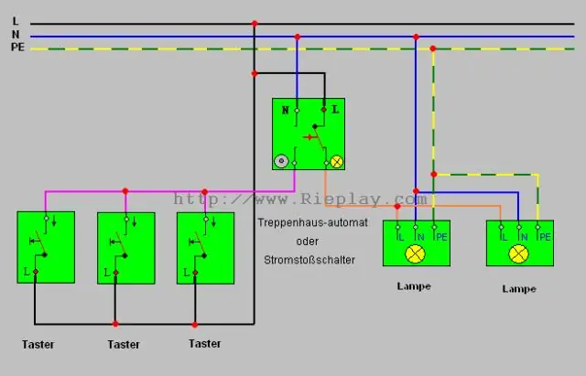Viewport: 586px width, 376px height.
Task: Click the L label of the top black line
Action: (16, 21)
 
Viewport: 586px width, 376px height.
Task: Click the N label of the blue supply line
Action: (16, 35)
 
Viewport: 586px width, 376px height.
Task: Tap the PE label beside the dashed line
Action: (17, 47)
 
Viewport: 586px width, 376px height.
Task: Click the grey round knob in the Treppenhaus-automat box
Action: (281, 161)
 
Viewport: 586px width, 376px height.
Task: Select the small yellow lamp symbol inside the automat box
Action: (337, 162)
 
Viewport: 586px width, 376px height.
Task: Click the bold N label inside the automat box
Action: (285, 110)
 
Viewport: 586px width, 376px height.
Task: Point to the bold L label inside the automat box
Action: (335, 110)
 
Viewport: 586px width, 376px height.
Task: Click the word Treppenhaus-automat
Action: (312, 222)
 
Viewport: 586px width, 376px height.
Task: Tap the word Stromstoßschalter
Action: (309, 260)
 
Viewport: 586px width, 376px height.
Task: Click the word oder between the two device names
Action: (308, 242)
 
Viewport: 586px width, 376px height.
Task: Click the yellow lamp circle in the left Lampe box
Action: (415, 254)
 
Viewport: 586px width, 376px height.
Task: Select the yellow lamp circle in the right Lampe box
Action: (519, 254)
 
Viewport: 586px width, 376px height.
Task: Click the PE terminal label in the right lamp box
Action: (545, 237)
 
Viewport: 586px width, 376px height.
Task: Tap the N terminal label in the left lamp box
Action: (421, 237)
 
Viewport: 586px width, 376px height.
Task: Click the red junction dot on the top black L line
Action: (255, 24)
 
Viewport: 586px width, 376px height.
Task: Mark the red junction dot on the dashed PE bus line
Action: (433, 48)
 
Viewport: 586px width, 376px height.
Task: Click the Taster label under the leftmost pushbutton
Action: (38, 344)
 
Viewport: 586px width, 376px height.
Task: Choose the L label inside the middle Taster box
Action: (107, 273)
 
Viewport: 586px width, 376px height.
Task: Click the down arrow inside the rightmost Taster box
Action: (213, 221)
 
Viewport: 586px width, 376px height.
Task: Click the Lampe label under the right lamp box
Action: (519, 288)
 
